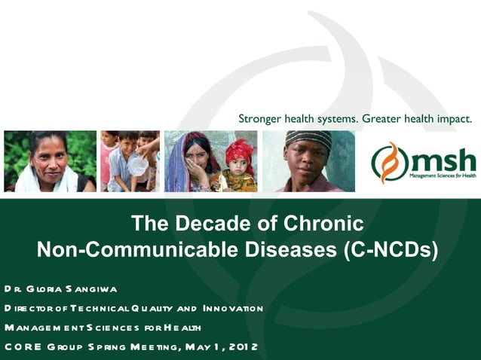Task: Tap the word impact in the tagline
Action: pos(452,119)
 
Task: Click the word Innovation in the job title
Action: pos(231,308)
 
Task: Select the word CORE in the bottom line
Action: pos(19,346)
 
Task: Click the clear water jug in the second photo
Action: pos(136,165)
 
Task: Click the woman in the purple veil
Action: pos(189,162)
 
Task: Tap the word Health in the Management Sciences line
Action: pos(185,328)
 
